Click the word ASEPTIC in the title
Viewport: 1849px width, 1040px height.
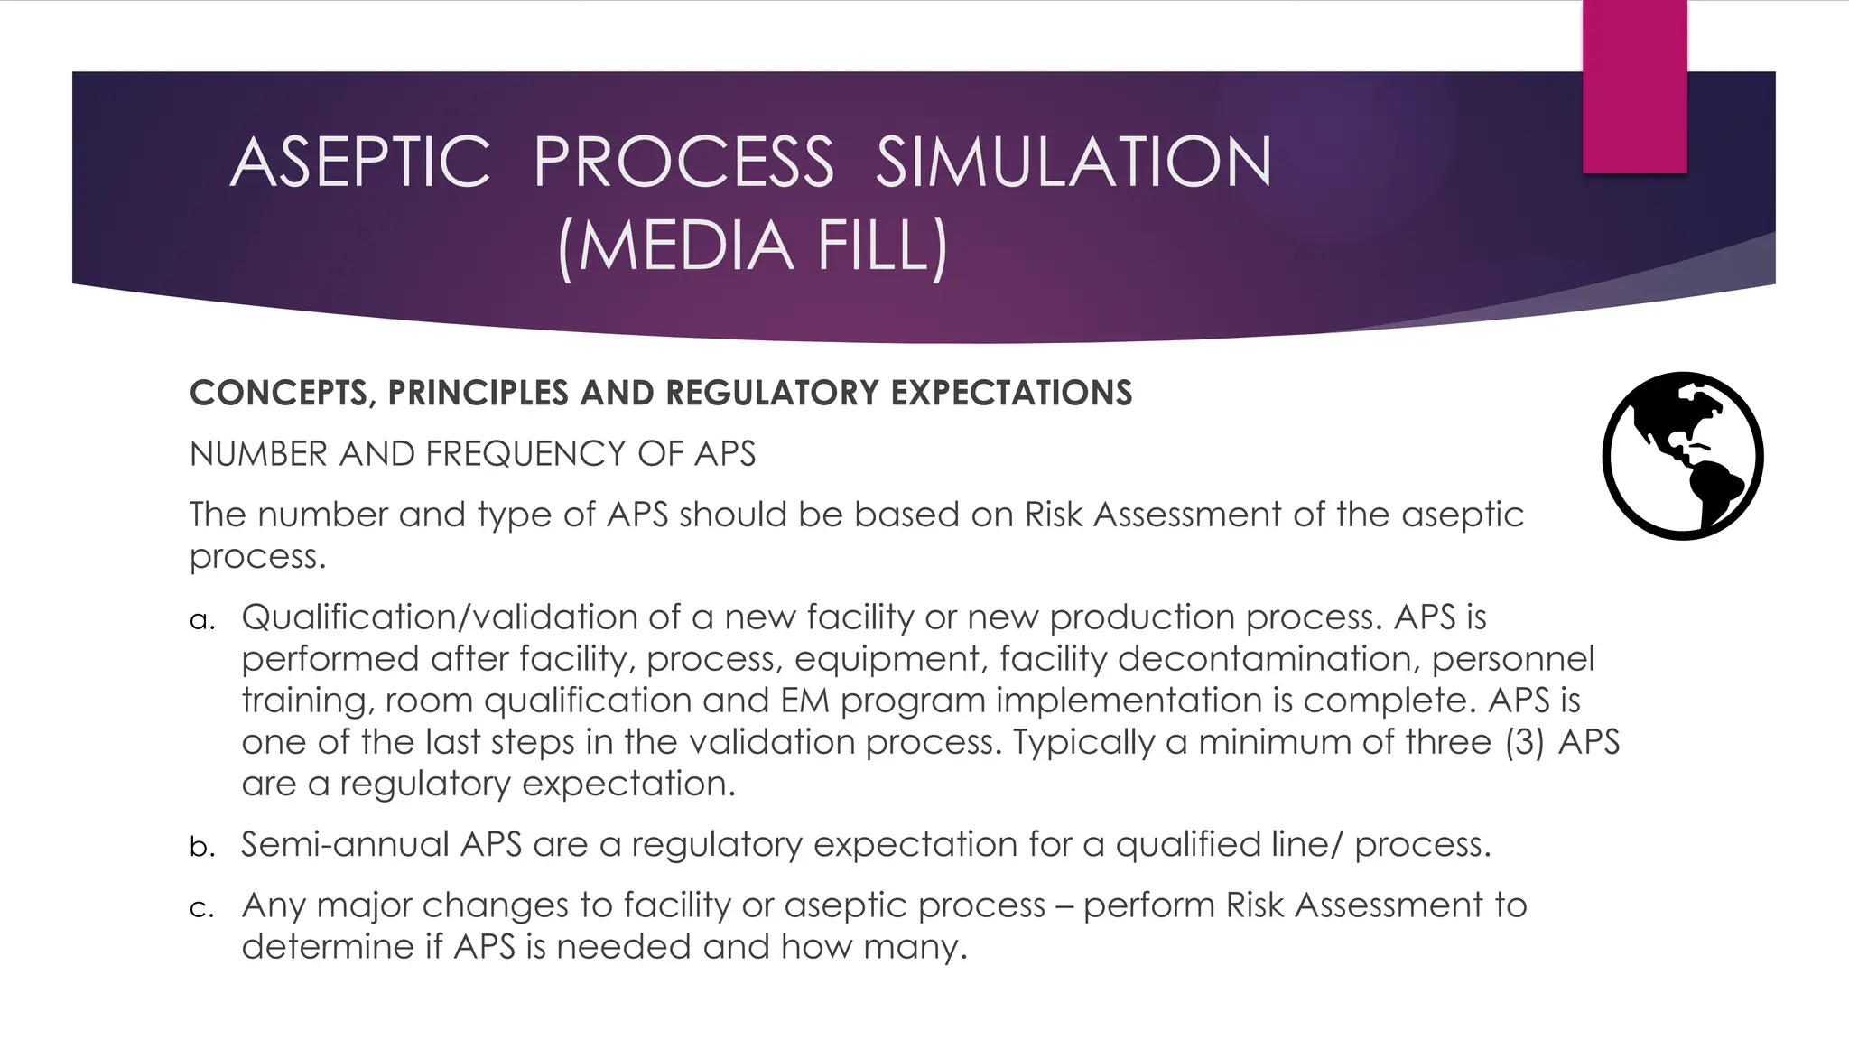360,162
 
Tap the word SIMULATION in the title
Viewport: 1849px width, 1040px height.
1073,162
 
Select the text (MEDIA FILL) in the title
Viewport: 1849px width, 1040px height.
752,246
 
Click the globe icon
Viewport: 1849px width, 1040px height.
1682,456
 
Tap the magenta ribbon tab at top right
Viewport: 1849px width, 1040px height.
1634,86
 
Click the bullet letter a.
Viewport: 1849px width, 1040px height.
201,620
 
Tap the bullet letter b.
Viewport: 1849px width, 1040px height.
201,847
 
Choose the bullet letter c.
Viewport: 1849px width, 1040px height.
201,907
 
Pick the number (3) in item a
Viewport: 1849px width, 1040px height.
1524,742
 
